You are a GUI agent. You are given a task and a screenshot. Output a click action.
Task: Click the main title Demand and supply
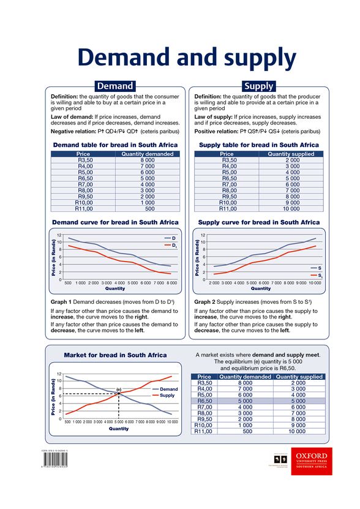(x=186, y=58)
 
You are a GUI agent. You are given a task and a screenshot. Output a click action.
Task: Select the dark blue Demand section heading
(x=115, y=86)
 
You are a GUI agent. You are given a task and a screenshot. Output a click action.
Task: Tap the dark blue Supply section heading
(x=258, y=86)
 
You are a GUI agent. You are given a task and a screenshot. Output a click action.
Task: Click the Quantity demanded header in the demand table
(x=147, y=154)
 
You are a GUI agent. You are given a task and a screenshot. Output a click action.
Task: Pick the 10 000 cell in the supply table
(x=292, y=208)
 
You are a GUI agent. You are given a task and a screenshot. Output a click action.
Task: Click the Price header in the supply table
(x=227, y=154)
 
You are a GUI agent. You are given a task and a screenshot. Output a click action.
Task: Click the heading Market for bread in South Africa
(x=115, y=355)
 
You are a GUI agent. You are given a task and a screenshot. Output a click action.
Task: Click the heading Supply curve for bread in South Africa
(x=259, y=222)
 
